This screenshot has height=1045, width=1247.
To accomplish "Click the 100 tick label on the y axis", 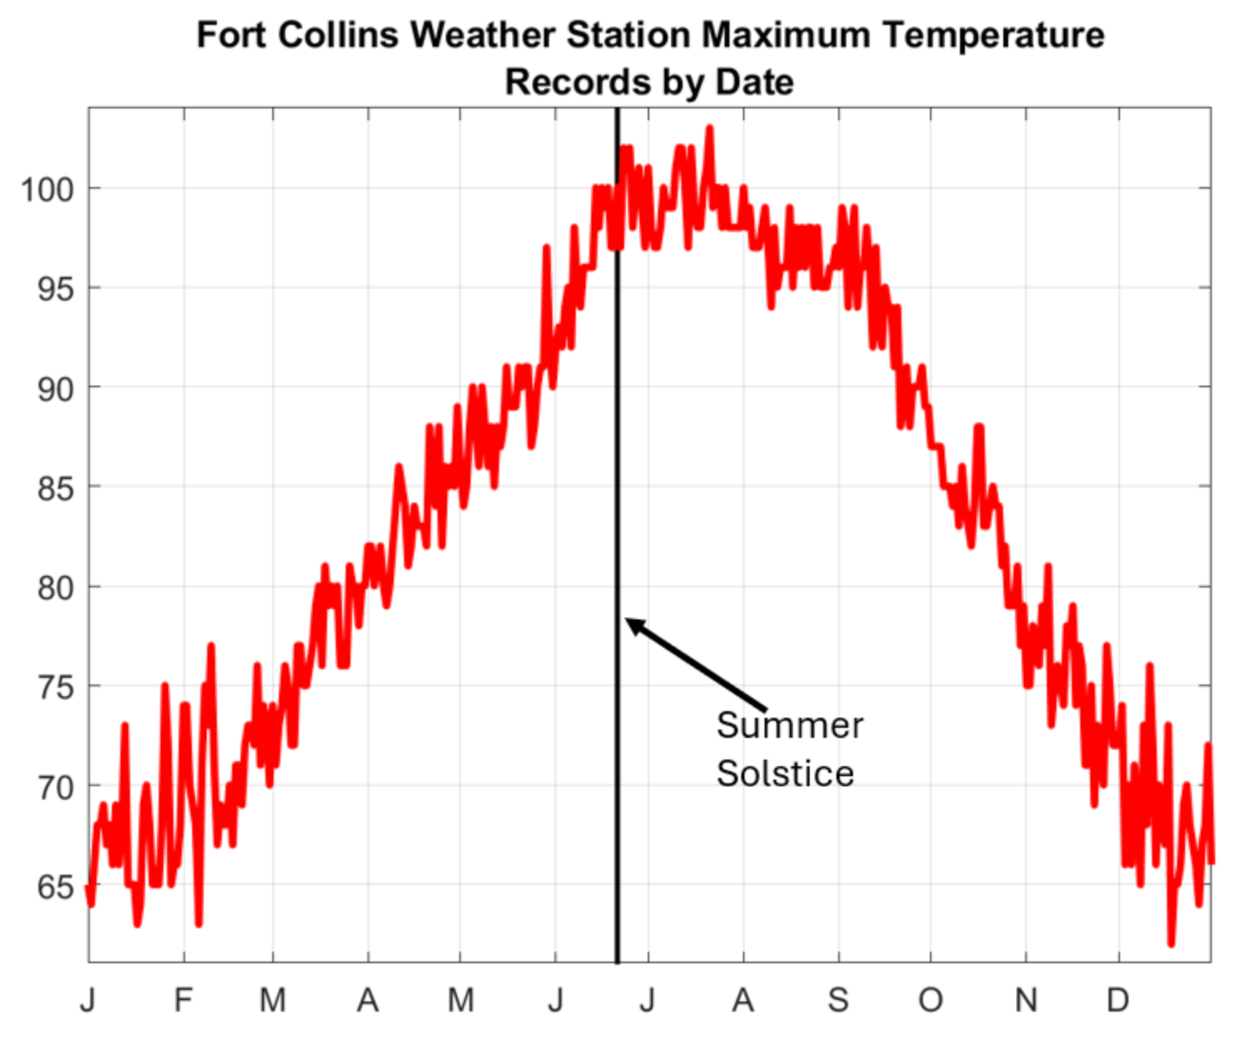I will (48, 189).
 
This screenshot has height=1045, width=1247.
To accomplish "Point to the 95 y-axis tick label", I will (56, 289).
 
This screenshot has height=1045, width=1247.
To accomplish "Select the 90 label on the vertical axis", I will (56, 388).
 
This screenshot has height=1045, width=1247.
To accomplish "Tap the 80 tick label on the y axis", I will (56, 588).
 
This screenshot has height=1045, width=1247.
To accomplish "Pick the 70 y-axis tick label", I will (56, 786).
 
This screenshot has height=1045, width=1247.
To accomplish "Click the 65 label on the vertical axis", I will (56, 886).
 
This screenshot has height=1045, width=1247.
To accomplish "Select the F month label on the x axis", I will (184, 999).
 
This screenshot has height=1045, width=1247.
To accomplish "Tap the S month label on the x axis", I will (838, 999).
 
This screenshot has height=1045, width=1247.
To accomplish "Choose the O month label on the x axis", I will (931, 999).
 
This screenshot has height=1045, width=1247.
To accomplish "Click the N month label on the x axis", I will (1026, 999).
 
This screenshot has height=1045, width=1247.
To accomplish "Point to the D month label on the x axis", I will (1118, 999).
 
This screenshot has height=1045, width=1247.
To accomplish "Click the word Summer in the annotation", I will (790, 725).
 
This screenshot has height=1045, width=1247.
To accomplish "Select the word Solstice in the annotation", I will (785, 774).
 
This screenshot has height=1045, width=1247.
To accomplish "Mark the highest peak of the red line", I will (709, 128).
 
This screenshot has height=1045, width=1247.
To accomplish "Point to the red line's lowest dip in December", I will (1171, 944).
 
